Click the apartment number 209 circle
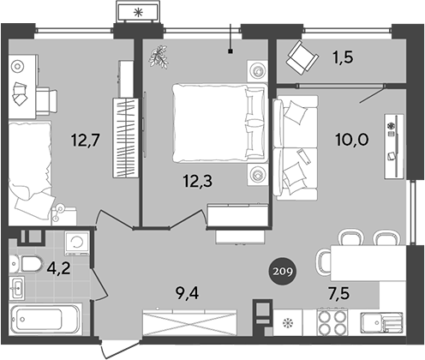(282, 272)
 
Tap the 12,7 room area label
(85, 141)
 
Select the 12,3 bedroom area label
(198, 181)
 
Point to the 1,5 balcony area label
(343, 57)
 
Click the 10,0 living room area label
(352, 141)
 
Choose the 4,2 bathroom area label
(58, 268)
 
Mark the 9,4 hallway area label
(188, 293)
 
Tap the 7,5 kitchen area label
(338, 294)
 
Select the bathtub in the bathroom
(45, 319)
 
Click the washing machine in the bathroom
(77, 243)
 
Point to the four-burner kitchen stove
(332, 322)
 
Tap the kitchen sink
(381, 323)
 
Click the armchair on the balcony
(302, 58)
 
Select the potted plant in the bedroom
(159, 57)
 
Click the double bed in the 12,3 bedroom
(220, 123)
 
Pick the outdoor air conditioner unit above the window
(138, 12)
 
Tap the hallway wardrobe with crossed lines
(189, 322)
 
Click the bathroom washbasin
(17, 288)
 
